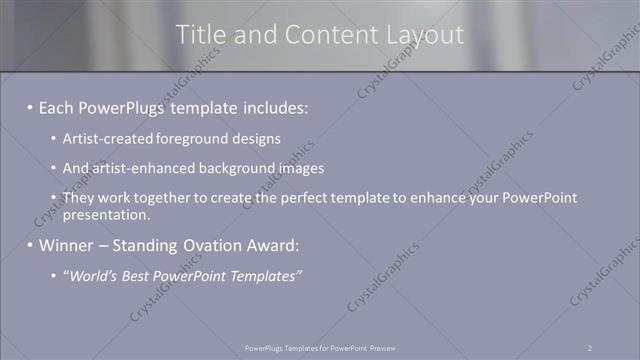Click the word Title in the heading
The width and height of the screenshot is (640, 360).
pyautogui.click(x=200, y=35)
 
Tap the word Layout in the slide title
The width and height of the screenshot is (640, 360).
pyautogui.click(x=427, y=35)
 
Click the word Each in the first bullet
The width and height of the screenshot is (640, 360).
pyautogui.click(x=58, y=105)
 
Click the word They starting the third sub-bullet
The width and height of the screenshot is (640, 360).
pyautogui.click(x=80, y=198)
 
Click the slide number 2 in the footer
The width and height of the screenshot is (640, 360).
pyautogui.click(x=590, y=347)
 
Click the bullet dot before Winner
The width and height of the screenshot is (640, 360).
pyautogui.click(x=30, y=246)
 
